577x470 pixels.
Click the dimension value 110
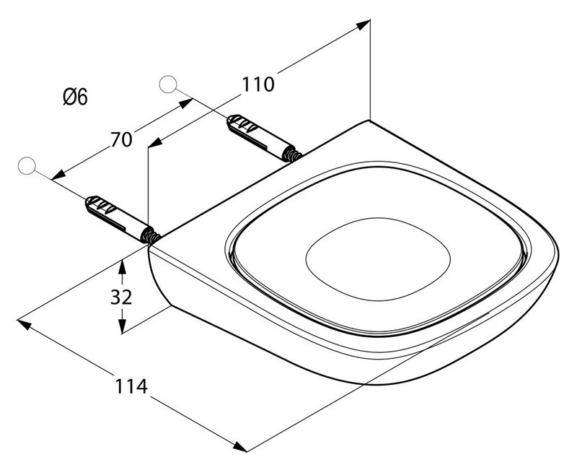(x=258, y=84)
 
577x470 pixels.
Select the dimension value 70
(x=121, y=140)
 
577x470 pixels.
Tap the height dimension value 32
(x=121, y=297)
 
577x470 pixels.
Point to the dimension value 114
(x=131, y=386)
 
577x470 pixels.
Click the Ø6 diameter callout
(x=76, y=97)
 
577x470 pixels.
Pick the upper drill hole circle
(x=168, y=84)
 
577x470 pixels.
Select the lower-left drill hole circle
(x=27, y=166)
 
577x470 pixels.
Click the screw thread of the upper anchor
(x=294, y=155)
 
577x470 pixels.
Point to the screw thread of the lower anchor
(x=153, y=237)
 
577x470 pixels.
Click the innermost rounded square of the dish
(x=378, y=259)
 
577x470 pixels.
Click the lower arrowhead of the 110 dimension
(x=155, y=142)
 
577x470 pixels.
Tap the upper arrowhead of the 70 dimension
(x=186, y=103)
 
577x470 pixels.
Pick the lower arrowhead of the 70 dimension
(x=59, y=175)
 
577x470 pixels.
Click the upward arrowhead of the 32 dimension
(x=122, y=266)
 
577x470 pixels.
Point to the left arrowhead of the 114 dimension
(x=25, y=324)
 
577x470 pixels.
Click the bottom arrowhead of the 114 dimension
(x=240, y=446)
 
